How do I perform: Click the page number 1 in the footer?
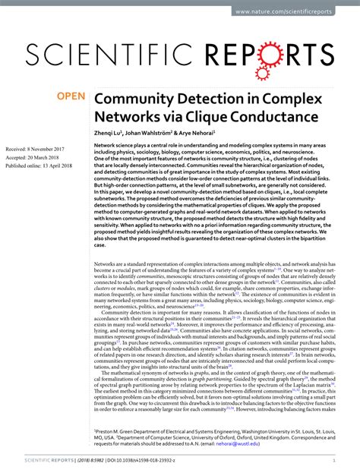coord(351,461)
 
